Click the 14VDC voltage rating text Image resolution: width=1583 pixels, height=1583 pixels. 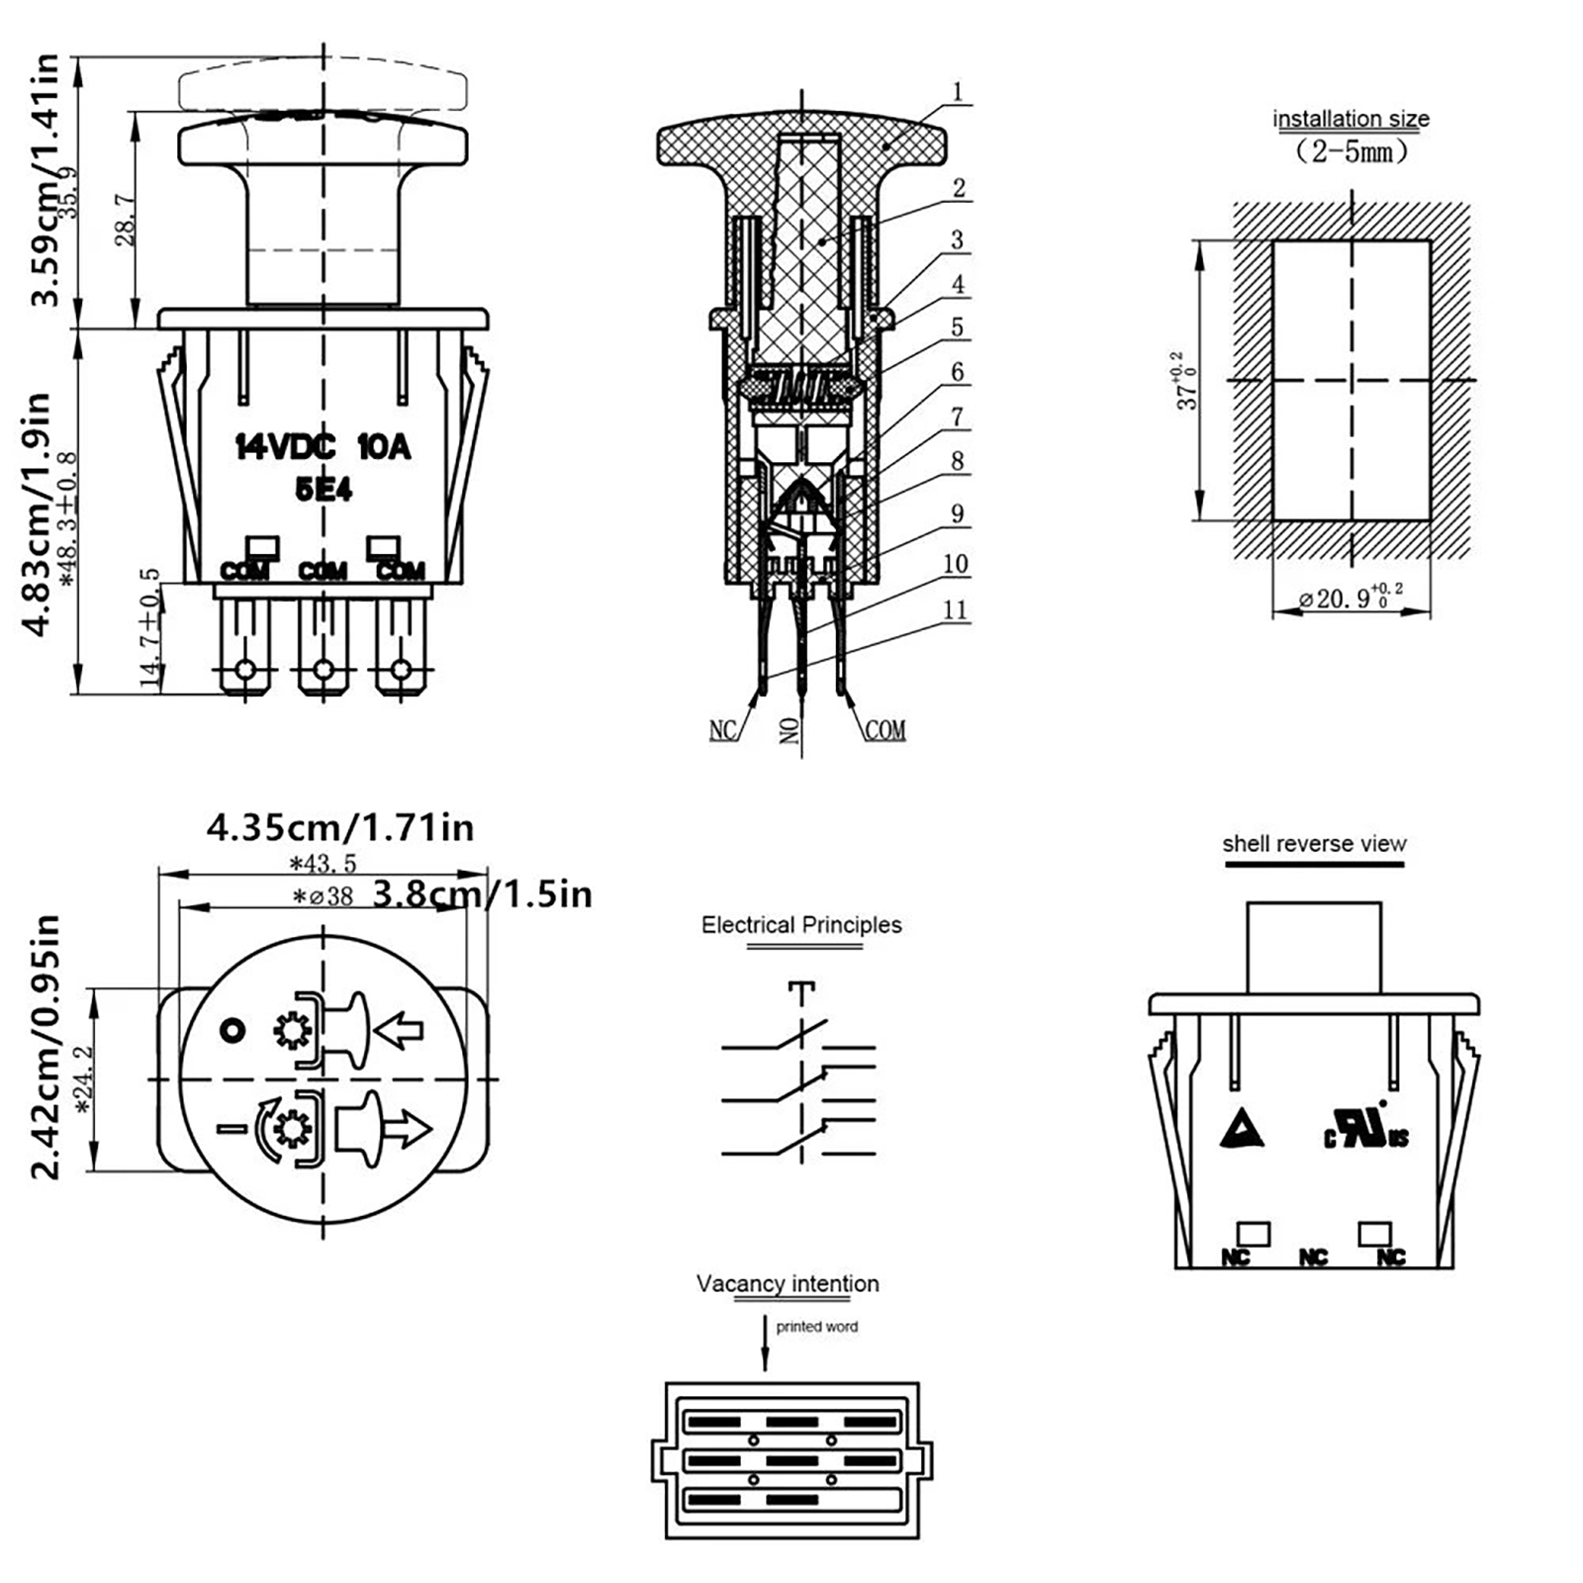tap(285, 447)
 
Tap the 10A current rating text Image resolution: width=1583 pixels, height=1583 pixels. tap(384, 447)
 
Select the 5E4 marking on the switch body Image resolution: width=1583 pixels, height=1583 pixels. tap(324, 489)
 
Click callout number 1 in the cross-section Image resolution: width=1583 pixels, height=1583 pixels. tap(957, 92)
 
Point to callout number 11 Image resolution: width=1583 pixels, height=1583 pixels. tap(955, 609)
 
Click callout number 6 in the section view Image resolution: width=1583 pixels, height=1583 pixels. tap(957, 372)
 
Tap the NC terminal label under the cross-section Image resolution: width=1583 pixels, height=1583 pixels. tap(723, 730)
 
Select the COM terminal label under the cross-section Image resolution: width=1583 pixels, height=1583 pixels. tap(885, 730)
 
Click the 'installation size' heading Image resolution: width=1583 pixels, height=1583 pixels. tap(1350, 119)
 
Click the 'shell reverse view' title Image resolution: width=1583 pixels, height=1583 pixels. tap(1314, 844)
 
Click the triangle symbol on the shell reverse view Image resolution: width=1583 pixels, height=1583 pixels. tap(1241, 1128)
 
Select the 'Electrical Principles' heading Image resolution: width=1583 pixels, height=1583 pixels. tap(801, 925)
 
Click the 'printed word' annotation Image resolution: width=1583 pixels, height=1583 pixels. tap(816, 1327)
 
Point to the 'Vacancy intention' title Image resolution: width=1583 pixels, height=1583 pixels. tap(788, 1284)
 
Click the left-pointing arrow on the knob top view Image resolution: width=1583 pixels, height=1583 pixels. tap(401, 1030)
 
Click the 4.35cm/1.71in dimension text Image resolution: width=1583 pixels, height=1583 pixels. tap(340, 827)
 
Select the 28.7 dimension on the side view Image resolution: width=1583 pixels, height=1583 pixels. tap(126, 220)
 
